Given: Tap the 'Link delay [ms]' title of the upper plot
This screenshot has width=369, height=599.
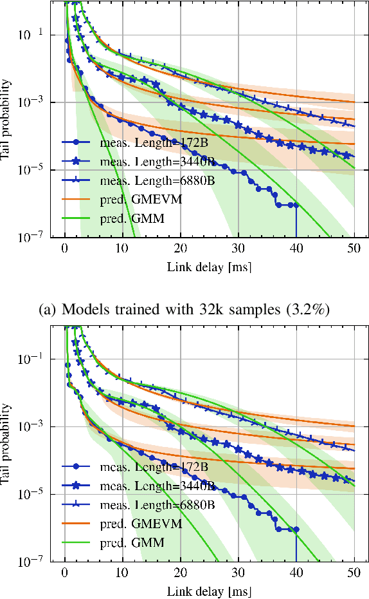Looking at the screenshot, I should point(209,266).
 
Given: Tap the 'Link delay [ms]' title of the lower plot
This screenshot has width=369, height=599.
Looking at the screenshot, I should point(209,590).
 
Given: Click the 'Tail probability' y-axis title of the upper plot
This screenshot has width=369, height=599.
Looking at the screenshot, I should point(7,120).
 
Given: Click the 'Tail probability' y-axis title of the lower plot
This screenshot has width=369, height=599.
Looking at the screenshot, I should point(7,444).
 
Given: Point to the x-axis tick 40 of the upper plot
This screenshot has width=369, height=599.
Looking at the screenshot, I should point(296,250).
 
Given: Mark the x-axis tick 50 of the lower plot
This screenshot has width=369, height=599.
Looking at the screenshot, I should point(354,574).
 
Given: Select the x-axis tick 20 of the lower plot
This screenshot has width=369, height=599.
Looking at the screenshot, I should point(180,574).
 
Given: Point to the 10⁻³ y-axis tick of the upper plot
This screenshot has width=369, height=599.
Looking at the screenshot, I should point(33,102).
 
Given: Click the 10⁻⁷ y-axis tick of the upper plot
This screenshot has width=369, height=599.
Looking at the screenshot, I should point(33,238).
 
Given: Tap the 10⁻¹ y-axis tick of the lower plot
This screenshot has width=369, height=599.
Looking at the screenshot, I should point(33,359).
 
